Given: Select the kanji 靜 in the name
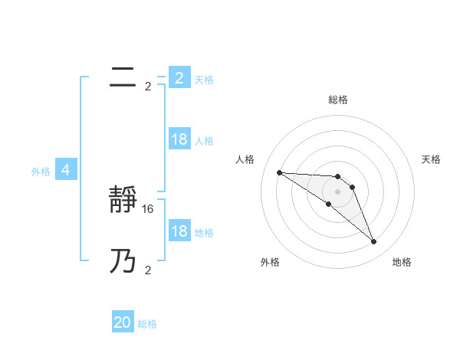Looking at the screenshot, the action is coord(123,201).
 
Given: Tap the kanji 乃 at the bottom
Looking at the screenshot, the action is coord(123,263).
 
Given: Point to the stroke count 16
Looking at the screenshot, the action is coord(149,208).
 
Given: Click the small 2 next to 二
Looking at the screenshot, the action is coord(148,87).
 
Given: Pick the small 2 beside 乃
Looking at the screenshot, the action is coord(148,270).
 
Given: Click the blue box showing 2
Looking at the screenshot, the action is coord(179,78).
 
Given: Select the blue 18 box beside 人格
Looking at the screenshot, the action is coord(179,139).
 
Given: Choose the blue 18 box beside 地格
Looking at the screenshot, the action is coord(179,231).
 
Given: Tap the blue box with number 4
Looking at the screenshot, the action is coord(66,171).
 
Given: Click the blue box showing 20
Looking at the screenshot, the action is coord(123,323).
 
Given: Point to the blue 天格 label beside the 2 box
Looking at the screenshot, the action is coord(204,80).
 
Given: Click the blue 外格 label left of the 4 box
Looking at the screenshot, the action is coord(41,172).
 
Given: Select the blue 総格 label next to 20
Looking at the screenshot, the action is coord(147,324).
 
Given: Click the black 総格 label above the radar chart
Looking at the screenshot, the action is coord(338,100).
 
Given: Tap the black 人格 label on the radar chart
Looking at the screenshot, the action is coord(245,159).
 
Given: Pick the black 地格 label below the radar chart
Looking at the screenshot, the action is coord(402,263).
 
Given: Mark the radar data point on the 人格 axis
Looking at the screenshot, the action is coord(279,172).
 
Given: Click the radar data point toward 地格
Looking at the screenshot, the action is coord(374,242).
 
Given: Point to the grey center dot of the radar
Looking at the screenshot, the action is coord(338,191).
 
